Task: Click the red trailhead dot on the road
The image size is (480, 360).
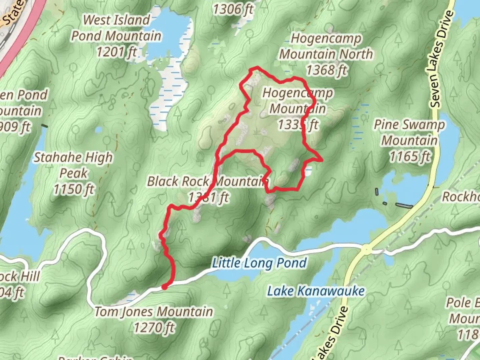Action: [164, 287]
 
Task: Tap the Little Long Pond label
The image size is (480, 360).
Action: [260, 263]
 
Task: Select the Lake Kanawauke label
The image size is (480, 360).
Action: [316, 291]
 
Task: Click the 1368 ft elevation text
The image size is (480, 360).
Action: [326, 70]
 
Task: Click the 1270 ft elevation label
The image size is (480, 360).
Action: [154, 328]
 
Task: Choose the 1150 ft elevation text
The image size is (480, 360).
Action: [74, 189]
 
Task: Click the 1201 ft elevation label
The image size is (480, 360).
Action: [116, 52]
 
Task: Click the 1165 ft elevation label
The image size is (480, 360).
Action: [410, 156]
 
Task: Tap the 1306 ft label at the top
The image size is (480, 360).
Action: [233, 9]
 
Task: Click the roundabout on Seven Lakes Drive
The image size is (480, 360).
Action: [366, 248]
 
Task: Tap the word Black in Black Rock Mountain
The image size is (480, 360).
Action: [162, 182]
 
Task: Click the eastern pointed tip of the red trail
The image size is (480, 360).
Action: [322, 160]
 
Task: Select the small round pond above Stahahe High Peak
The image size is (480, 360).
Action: [98, 130]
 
